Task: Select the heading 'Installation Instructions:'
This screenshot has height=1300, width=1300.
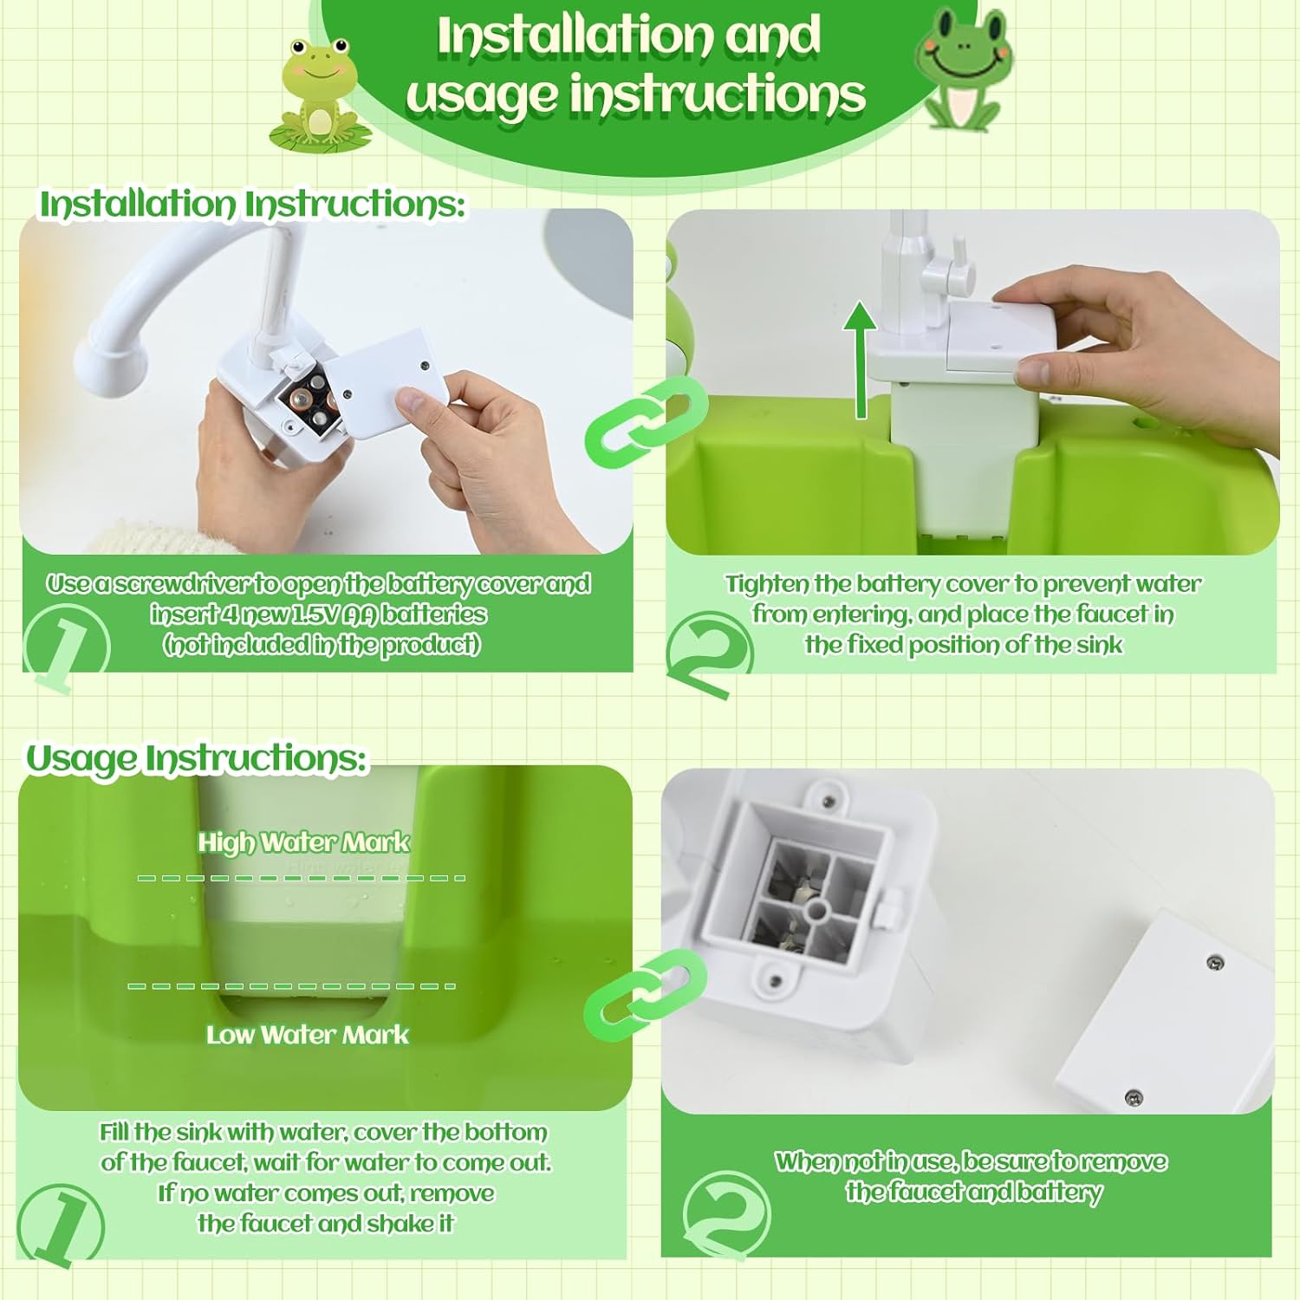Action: coord(252,205)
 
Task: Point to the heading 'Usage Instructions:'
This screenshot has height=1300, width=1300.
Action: coord(197,758)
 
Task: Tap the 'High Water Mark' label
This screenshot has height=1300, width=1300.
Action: coord(303,842)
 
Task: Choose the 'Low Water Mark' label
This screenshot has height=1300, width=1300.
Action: coord(308,1034)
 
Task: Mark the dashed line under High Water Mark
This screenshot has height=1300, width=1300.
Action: coord(302,878)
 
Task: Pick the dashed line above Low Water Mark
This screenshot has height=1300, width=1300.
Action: coord(291,985)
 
